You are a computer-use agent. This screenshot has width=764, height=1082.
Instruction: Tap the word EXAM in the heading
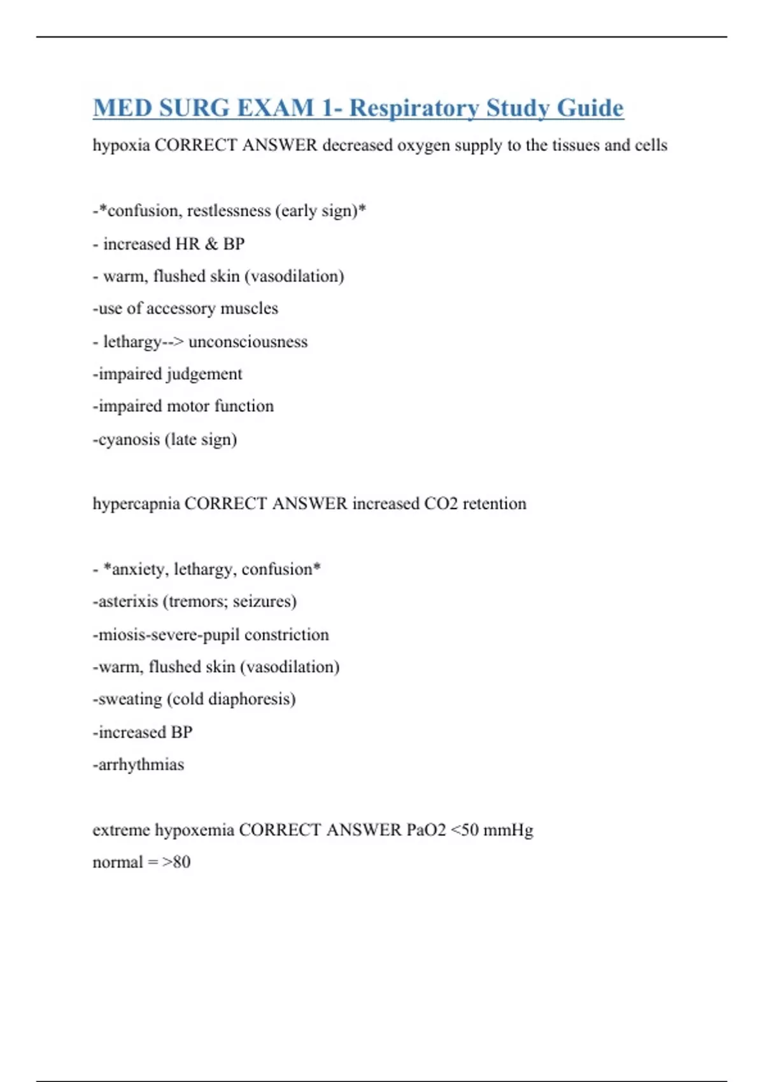click(275, 108)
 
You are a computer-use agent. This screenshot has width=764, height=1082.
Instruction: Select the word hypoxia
click(121, 146)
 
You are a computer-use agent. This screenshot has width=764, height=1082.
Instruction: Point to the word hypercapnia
click(136, 504)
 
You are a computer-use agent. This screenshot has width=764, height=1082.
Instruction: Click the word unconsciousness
click(248, 342)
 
